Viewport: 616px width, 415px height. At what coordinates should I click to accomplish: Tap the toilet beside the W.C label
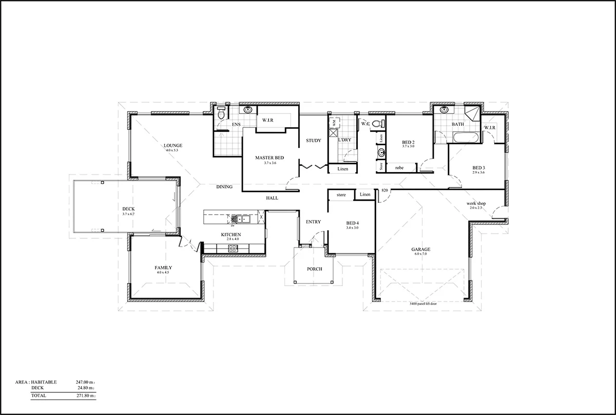point(379,123)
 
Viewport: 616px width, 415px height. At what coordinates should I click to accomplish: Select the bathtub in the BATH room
point(466,137)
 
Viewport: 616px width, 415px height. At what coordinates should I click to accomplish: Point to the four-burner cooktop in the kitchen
point(232,248)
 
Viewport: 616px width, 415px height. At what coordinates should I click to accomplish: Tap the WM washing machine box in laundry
point(334,123)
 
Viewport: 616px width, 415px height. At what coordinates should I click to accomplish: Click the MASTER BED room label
point(269,158)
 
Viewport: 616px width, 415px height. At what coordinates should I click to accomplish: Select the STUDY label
point(313,140)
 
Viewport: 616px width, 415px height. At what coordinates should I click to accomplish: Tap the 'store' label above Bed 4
point(341,195)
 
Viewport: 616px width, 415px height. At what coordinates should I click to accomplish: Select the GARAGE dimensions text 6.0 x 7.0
point(420,254)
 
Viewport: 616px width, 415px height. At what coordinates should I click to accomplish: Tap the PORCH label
point(314,269)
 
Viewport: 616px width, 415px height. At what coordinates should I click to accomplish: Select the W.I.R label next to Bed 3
point(489,128)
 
